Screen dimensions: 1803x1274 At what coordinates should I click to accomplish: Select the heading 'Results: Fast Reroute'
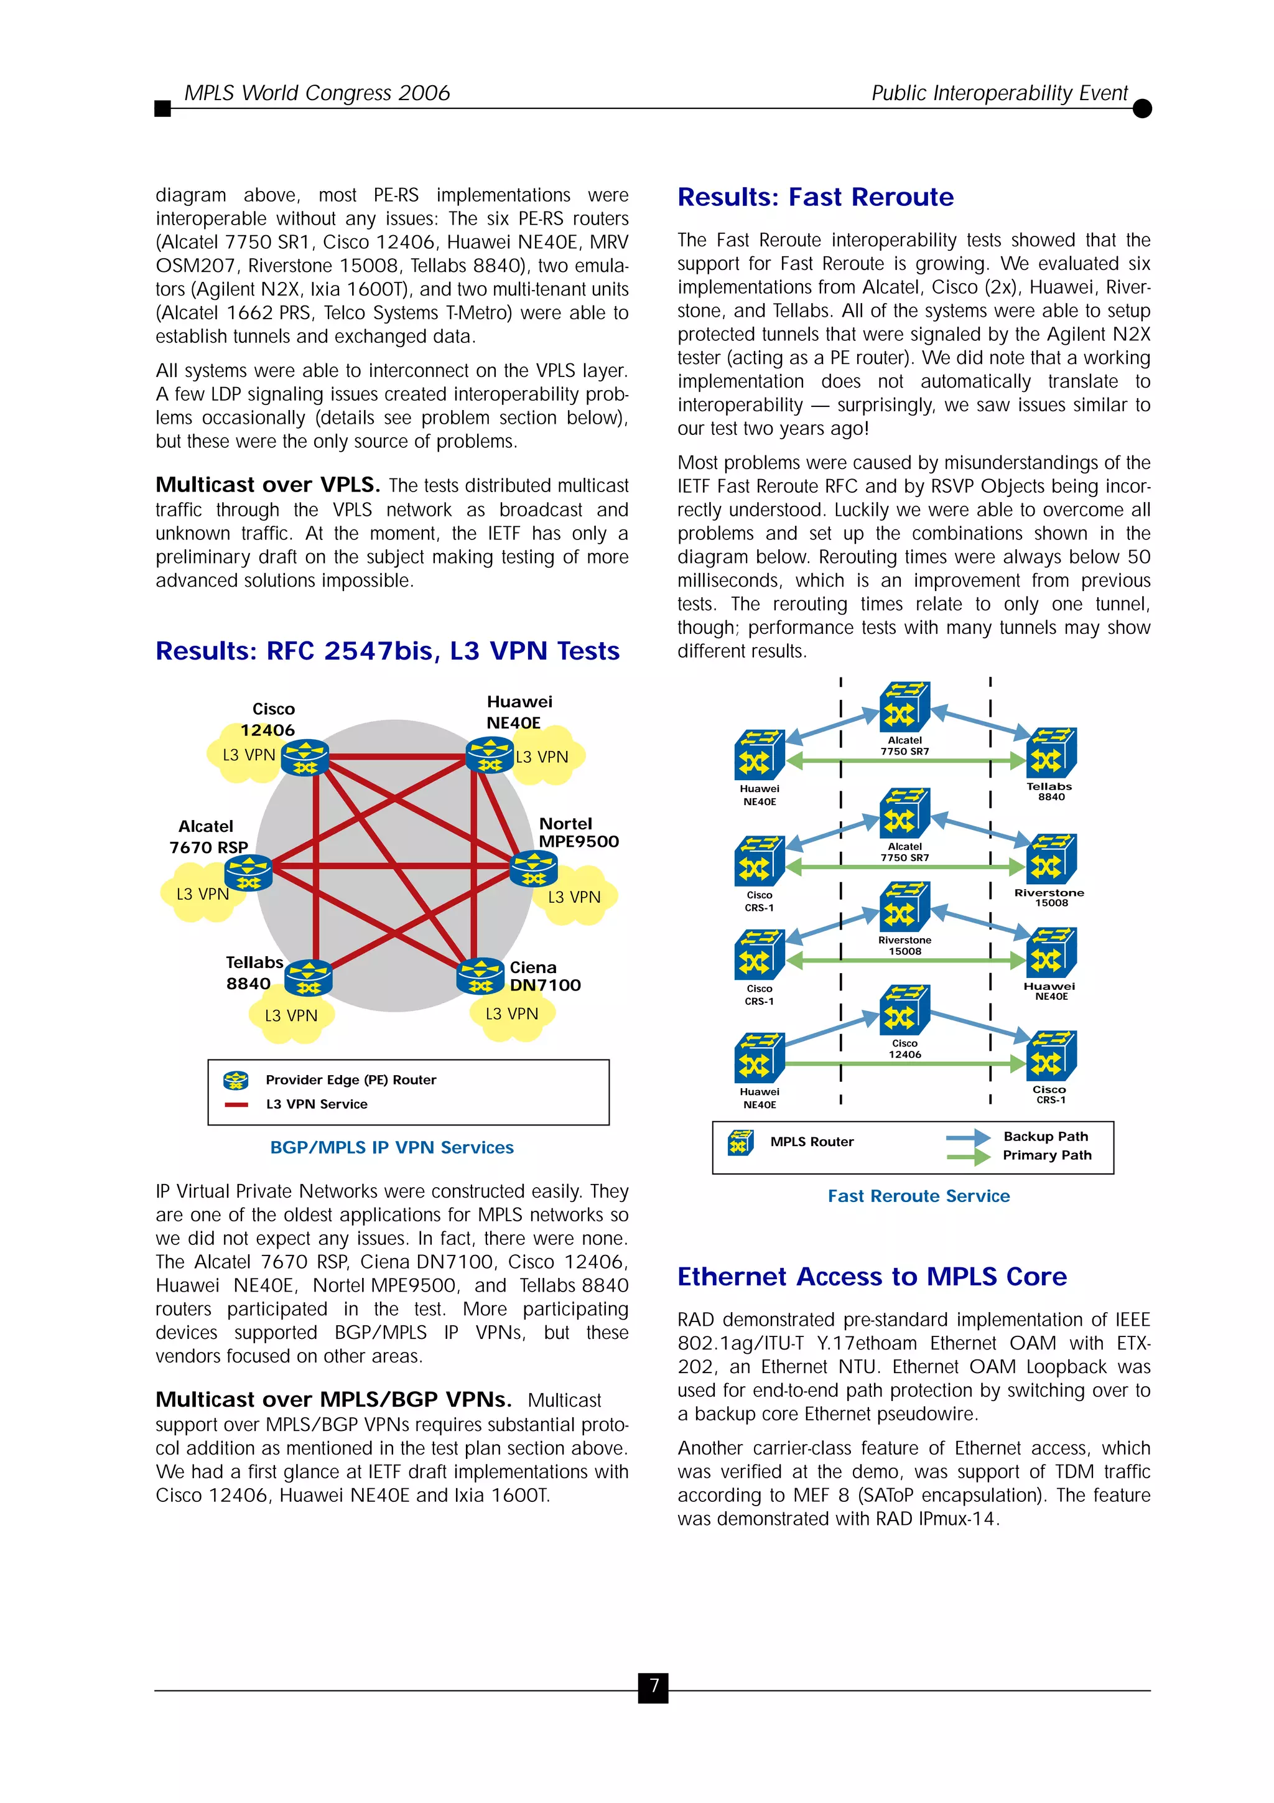pos(815,197)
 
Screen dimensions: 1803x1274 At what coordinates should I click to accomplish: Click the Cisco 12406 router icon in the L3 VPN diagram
pos(305,757)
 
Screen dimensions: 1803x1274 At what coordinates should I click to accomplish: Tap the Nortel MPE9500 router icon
pos(534,869)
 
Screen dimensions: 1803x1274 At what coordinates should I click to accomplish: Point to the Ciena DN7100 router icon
pos(480,976)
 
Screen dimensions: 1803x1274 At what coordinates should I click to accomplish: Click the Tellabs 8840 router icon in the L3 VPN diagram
pos(309,977)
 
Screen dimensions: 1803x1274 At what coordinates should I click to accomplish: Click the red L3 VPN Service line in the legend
pos(236,1104)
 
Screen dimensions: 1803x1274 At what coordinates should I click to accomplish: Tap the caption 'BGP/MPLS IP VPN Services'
pos(392,1147)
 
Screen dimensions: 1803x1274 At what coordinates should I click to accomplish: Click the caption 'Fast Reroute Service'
pos(918,1196)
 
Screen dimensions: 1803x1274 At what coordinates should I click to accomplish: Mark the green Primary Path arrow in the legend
pos(968,1156)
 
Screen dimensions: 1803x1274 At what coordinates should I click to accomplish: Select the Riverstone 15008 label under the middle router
pos(904,946)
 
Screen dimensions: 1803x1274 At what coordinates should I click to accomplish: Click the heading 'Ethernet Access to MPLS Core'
pos(872,1277)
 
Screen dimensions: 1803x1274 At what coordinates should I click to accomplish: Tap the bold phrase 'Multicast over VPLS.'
pos(267,485)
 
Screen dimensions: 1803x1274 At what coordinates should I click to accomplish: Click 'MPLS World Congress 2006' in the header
pos(317,93)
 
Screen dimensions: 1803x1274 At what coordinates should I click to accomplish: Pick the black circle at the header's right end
pos(1142,108)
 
